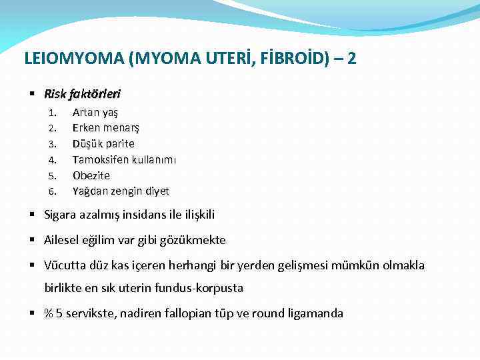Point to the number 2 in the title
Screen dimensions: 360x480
coord(351,59)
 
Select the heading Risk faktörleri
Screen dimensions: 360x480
coord(82,94)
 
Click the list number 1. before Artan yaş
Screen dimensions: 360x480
coord(52,112)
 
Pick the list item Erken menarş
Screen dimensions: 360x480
coord(105,128)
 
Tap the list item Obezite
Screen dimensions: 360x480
coord(91,175)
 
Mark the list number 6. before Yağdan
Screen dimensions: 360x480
coord(52,191)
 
